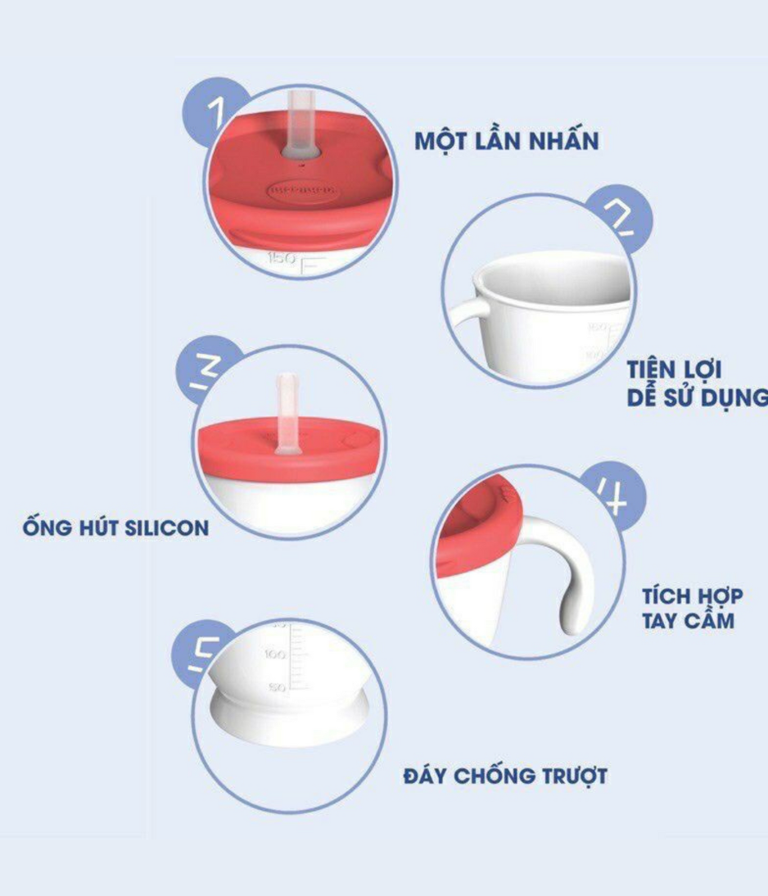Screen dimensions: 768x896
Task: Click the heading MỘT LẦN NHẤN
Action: click(506, 139)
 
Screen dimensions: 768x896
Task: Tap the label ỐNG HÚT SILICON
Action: click(115, 527)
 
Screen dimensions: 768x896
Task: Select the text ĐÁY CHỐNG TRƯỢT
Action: click(505, 775)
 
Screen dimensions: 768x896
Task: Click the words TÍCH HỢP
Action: click(692, 595)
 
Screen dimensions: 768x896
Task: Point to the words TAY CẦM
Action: click(688, 619)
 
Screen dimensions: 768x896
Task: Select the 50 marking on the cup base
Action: click(278, 686)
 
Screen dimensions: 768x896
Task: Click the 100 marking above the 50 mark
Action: click(274, 655)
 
